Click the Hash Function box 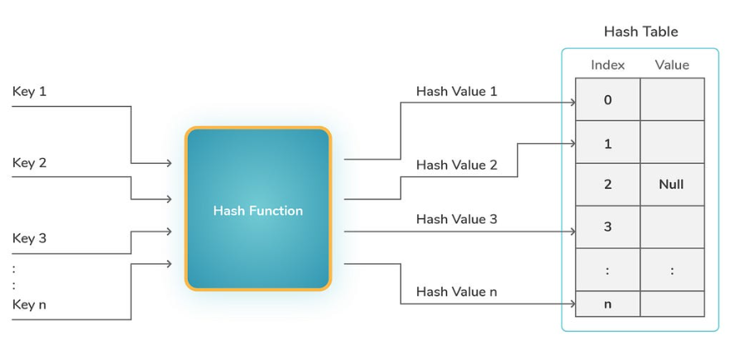click(x=258, y=209)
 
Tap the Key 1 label click(x=29, y=91)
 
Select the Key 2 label click(x=29, y=163)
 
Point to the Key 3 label click(x=29, y=238)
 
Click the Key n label click(x=29, y=305)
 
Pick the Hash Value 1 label click(x=457, y=91)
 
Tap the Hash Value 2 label click(x=457, y=165)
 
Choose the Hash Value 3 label click(x=457, y=218)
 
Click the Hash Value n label click(x=457, y=291)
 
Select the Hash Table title click(x=641, y=31)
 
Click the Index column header click(x=607, y=65)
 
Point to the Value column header click(x=672, y=65)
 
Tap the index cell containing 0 click(x=607, y=99)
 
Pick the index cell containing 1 click(x=607, y=142)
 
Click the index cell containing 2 click(x=607, y=185)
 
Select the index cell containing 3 click(x=607, y=227)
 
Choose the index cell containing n click(x=607, y=304)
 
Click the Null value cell click(x=672, y=185)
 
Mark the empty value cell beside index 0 click(x=672, y=99)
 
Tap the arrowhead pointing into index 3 click(x=573, y=232)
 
